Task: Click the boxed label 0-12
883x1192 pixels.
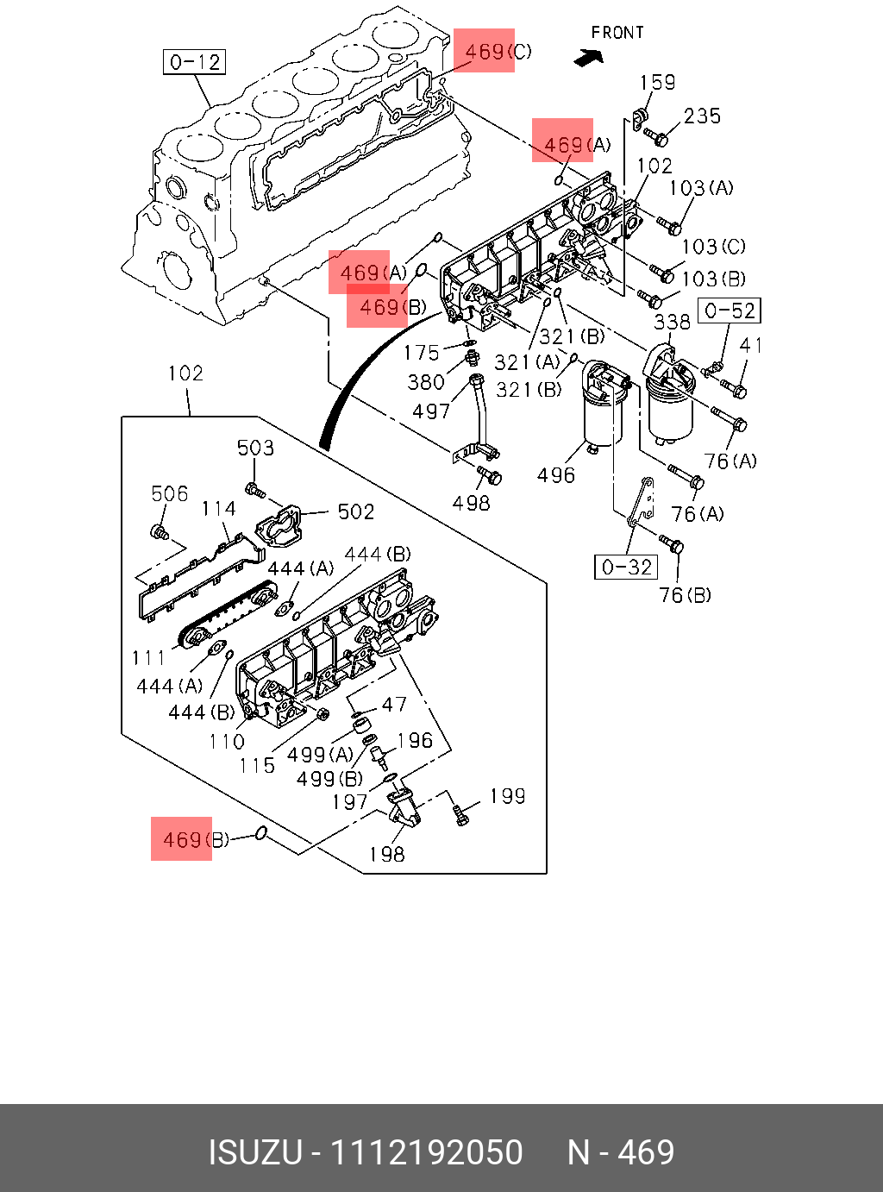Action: click(x=195, y=62)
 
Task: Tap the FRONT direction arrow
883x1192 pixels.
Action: click(x=589, y=58)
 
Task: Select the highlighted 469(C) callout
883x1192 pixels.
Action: click(x=498, y=52)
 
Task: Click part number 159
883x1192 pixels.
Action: click(x=657, y=83)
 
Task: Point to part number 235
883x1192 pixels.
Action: click(x=702, y=116)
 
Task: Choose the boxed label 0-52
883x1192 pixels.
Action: click(x=730, y=311)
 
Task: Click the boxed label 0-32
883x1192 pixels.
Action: click(x=627, y=567)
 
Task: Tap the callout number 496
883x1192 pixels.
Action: click(x=556, y=475)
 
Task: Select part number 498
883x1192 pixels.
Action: click(x=472, y=503)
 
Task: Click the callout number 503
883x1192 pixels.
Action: click(x=255, y=448)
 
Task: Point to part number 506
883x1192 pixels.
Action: click(x=169, y=493)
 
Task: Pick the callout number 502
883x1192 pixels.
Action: click(x=356, y=512)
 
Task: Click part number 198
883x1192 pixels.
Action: click(x=386, y=854)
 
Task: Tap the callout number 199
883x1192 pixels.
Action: click(x=507, y=796)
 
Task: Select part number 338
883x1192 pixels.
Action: click(x=672, y=323)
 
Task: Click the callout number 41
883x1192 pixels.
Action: click(x=751, y=346)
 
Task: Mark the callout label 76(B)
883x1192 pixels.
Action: click(x=685, y=595)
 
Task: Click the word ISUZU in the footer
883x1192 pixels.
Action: click(x=256, y=1152)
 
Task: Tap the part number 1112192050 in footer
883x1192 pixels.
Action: click(x=428, y=1152)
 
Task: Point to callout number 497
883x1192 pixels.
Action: click(x=431, y=411)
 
